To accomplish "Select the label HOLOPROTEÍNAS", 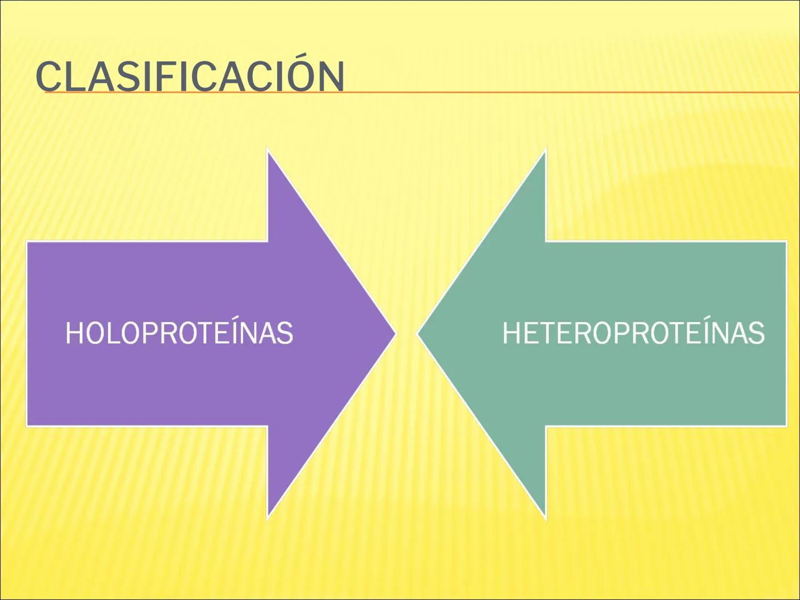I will pyautogui.click(x=179, y=333).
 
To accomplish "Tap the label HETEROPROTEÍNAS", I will pyautogui.click(x=633, y=333).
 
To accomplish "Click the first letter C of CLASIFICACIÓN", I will pyautogui.click(x=48, y=77).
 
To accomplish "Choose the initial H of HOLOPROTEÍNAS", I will pyautogui.click(x=74, y=333).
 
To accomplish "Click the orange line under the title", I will pyautogui.click(x=556, y=92).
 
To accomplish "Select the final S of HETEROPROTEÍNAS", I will pyautogui.click(x=757, y=333).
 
